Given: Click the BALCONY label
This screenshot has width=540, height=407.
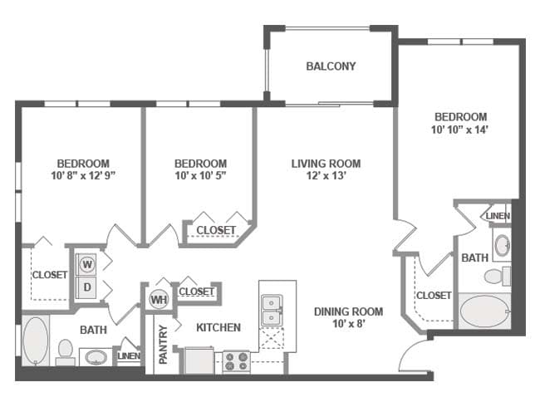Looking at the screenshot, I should [331, 66].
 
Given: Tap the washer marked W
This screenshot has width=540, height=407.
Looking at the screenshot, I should [86, 264].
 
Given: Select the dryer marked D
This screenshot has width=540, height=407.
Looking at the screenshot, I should [86, 287].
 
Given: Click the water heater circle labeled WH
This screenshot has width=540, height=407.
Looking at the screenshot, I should [159, 299].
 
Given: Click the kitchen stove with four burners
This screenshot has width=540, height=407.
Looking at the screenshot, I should [235, 361].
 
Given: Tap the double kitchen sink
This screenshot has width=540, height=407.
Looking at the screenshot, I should [270, 311].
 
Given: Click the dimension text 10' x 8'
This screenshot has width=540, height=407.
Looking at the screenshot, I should [348, 325].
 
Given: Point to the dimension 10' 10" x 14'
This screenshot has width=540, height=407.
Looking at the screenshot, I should [459, 130].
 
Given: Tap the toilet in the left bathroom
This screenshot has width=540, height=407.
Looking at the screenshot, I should [65, 352].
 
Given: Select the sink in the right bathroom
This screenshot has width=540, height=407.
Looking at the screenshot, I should [502, 244].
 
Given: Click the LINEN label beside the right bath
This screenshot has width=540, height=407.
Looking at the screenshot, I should [498, 216].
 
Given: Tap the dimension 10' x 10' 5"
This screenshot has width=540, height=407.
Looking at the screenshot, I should [200, 175].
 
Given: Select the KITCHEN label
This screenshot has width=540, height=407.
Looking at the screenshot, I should [218, 327].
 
